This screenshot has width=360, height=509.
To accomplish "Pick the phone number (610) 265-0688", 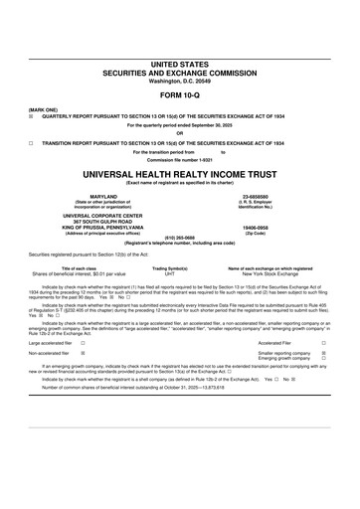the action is tap(180, 238).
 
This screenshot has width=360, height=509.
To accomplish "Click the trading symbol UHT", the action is tap(169, 273).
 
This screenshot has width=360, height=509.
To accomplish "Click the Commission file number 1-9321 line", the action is tap(180, 159).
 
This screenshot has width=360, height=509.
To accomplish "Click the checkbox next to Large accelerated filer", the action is tap(83, 340).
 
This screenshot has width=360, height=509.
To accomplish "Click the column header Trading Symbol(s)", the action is tap(169, 267).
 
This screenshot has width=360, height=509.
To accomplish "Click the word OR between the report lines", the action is tap(180, 133).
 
